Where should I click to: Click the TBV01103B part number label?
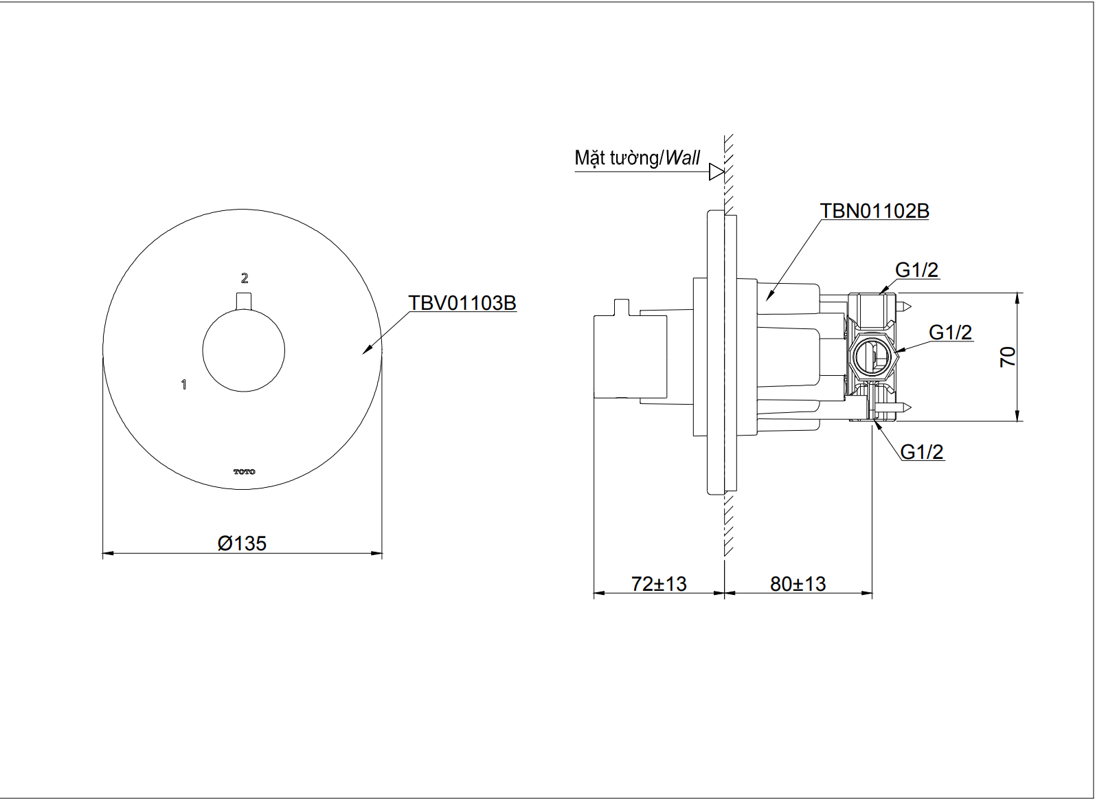coord(462,303)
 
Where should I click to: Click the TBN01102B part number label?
coord(874,211)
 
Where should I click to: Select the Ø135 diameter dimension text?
coord(242,543)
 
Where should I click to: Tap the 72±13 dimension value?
coord(659,584)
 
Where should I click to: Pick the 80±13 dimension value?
coord(798,584)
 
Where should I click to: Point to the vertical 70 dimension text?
coord(1007,357)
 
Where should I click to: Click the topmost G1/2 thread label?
coord(916,270)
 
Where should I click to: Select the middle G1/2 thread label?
coord(950,333)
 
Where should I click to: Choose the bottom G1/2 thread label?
coord(921,452)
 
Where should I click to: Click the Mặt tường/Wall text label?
coord(637,158)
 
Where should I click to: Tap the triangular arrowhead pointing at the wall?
coord(716,172)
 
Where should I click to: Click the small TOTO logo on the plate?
coord(244,472)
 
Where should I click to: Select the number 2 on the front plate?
coord(245,278)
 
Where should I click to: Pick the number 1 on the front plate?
coord(183,385)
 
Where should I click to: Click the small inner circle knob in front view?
coord(244,351)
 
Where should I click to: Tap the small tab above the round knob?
coord(244,302)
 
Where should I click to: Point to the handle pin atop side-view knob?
coord(622,307)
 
